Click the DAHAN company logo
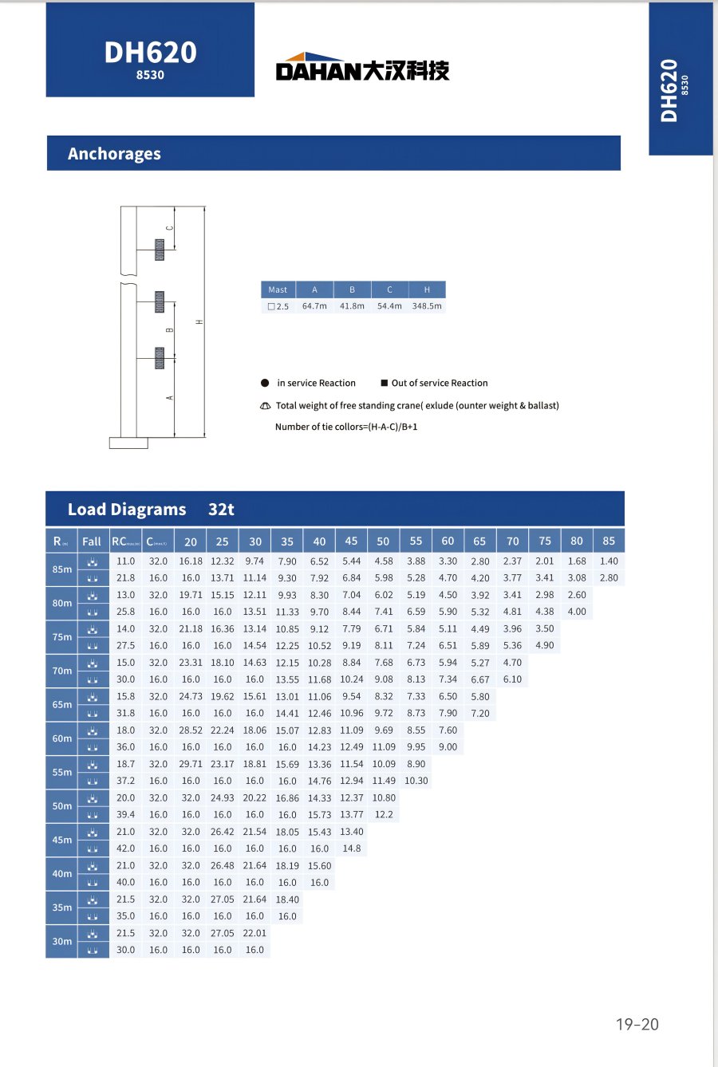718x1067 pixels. click(x=362, y=68)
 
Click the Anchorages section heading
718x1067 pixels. click(x=114, y=154)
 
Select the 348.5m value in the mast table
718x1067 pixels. click(x=427, y=306)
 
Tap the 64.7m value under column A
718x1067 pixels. click(x=314, y=306)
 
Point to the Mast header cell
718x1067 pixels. click(x=278, y=289)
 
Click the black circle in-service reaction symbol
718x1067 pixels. click(x=265, y=383)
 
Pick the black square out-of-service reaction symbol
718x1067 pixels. click(x=384, y=383)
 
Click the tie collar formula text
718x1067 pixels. click(x=346, y=427)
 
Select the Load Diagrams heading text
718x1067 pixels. click(x=127, y=510)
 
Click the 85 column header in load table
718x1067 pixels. click(x=609, y=541)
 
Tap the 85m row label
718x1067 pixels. click(x=62, y=569)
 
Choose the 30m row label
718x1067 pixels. click(x=62, y=941)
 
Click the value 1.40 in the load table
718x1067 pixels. click(x=609, y=561)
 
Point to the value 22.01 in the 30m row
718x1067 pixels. click(x=254, y=933)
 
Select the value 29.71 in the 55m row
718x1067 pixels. click(x=191, y=764)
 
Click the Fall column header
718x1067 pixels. click(x=92, y=541)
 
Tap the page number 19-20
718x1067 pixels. click(x=637, y=1025)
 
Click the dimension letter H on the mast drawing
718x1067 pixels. click(x=199, y=321)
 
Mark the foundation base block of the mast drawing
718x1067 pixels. click(x=128, y=443)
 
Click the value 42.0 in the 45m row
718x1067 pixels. click(x=126, y=848)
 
